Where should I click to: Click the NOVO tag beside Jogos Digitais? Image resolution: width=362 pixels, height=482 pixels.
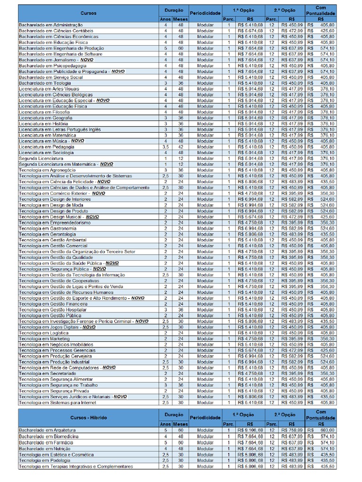(x=89, y=327)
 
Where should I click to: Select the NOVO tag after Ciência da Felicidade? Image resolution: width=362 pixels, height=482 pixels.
(x=104, y=182)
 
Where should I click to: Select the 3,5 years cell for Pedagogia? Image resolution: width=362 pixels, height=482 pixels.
(x=165, y=147)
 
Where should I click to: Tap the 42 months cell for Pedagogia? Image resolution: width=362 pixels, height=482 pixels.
(x=180, y=147)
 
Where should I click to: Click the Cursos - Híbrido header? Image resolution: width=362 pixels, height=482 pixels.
(x=88, y=418)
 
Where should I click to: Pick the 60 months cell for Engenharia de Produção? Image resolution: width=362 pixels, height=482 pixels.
(x=180, y=48)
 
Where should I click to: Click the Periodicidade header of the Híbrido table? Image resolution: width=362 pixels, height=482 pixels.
(x=205, y=418)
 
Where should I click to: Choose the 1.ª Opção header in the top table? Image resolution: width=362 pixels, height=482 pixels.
(x=242, y=9)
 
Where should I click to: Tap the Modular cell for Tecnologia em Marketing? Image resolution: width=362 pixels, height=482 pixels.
(x=205, y=339)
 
